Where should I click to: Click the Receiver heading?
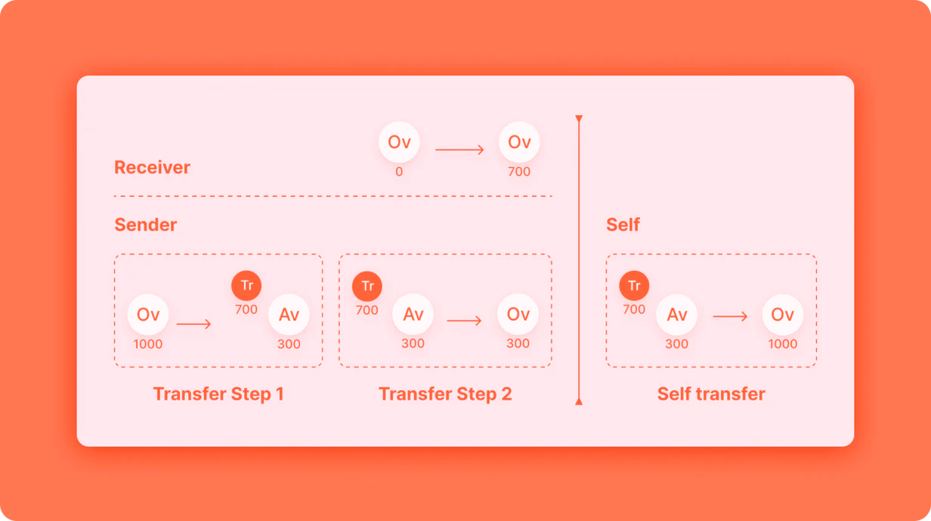tap(152, 167)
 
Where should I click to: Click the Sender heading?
tap(145, 225)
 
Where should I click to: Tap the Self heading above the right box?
tap(623, 225)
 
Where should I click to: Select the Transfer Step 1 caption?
tap(218, 394)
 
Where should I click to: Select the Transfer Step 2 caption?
tap(445, 394)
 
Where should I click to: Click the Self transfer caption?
tap(711, 394)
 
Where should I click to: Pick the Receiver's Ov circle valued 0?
tap(399, 142)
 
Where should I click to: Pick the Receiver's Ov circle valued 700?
tap(519, 142)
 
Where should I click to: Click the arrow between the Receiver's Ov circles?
tap(459, 150)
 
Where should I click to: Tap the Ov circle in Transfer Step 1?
tap(148, 315)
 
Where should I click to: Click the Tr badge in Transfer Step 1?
tap(246, 285)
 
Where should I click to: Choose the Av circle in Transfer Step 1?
tap(289, 315)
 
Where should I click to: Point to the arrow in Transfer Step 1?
tap(193, 324)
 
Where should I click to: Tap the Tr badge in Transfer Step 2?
tap(367, 286)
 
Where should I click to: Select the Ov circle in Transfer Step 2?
tap(518, 314)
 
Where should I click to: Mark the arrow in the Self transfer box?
tap(730, 317)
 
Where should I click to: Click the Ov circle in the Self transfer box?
tap(783, 315)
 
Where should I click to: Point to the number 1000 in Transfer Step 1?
tap(148, 344)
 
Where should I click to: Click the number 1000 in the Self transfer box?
tap(783, 344)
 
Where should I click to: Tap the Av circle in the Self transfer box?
tap(676, 315)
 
